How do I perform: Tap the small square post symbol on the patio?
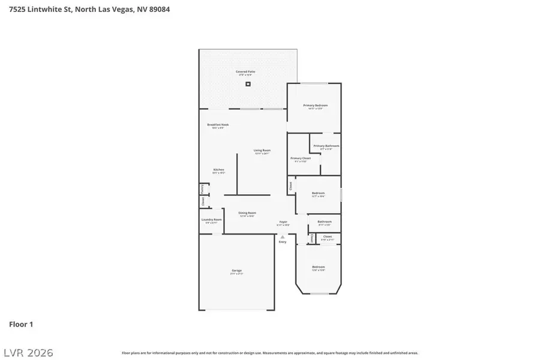pos(247,84)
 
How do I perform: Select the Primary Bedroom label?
pos(315,105)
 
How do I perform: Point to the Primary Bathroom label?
pos(326,146)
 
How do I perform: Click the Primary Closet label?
pos(300,158)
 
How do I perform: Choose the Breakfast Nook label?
pos(218,125)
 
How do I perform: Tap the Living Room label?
pos(262,151)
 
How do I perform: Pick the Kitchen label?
pos(218,170)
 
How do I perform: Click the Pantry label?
pos(202,188)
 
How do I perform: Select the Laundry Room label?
pos(211,220)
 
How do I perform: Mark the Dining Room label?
pos(247,213)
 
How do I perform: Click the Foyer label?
pos(283,222)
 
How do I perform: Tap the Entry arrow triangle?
pos(282,237)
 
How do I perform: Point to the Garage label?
pos(236,271)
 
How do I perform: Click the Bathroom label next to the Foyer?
pos(325,222)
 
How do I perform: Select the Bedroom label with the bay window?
pos(318,267)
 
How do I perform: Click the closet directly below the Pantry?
pos(203,202)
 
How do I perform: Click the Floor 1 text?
pos(21,324)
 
